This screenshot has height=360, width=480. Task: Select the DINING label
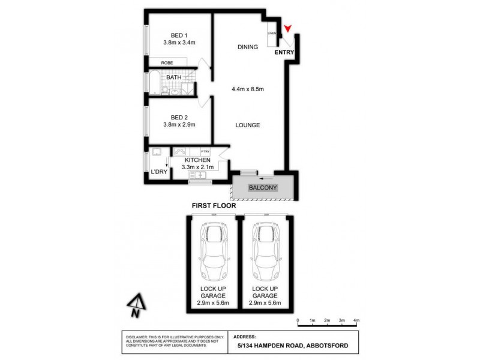point(247,47)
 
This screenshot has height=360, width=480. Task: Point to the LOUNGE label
point(247,125)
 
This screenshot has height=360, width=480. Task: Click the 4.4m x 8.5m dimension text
point(248,89)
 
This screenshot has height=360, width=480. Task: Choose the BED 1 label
point(179,34)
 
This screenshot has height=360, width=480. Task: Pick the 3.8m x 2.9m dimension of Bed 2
point(179,125)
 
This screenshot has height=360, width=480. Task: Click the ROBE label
point(167,62)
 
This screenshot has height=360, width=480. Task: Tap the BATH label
point(174,77)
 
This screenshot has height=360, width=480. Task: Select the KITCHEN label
point(197,160)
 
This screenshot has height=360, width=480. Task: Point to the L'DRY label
point(159,172)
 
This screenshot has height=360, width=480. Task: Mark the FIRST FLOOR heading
point(214,206)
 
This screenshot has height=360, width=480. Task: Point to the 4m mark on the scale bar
point(356,321)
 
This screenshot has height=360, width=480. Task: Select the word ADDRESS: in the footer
point(244,337)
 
